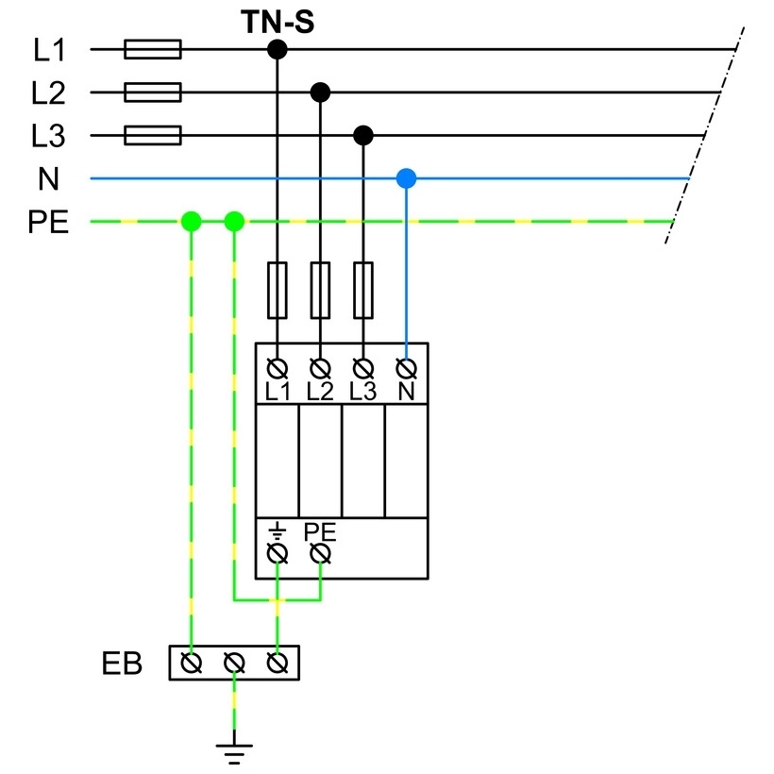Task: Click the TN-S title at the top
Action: point(278,23)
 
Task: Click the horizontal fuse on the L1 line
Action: point(153,49)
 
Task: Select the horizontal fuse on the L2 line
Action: point(153,93)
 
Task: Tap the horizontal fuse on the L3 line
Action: point(153,135)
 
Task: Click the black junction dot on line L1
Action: point(278,49)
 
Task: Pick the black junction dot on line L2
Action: point(320,93)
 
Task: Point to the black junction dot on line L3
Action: point(363,135)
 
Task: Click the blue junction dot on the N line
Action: point(406,178)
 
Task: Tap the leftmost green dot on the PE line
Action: point(192,221)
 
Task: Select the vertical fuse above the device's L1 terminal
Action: point(278,291)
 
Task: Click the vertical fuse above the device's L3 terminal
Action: point(363,291)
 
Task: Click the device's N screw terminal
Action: point(406,368)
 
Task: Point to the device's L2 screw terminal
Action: point(320,368)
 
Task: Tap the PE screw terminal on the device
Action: point(320,553)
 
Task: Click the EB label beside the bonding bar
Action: point(122,664)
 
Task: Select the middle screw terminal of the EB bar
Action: point(234,663)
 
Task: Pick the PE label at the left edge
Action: point(48,222)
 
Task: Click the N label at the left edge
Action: point(48,178)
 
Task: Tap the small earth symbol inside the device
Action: point(278,530)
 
